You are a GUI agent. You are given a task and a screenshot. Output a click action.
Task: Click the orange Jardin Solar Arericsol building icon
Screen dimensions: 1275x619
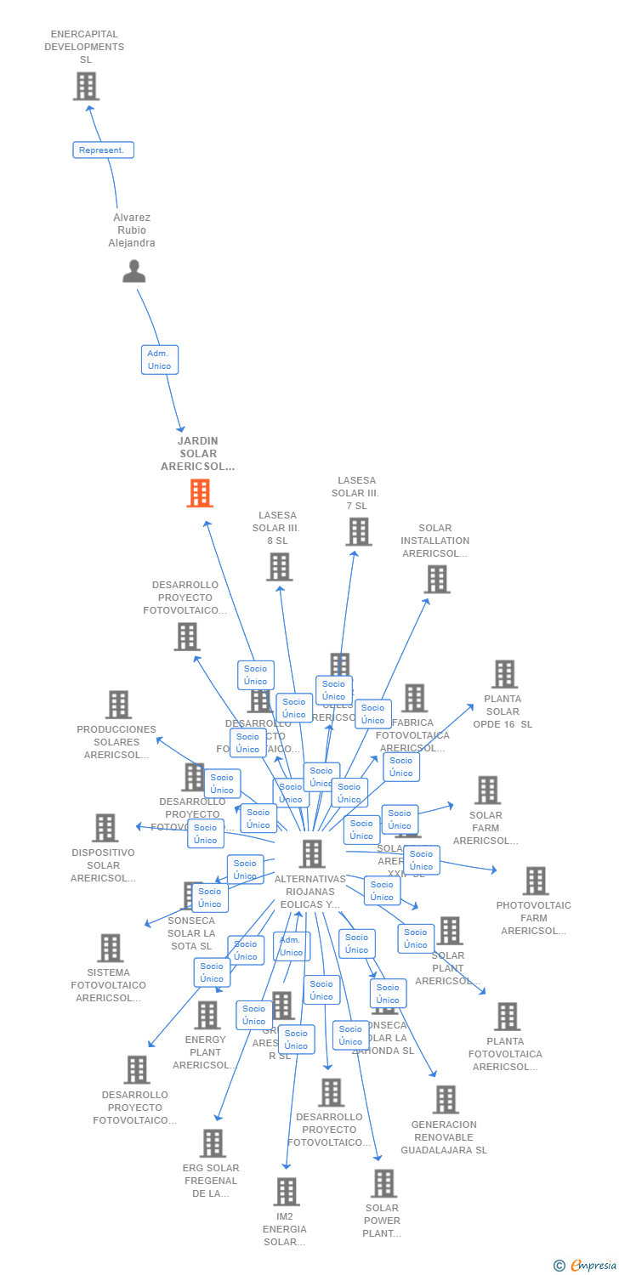pyautogui.click(x=200, y=493)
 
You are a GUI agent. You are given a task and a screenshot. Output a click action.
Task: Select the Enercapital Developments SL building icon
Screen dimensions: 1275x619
pyautogui.click(x=86, y=86)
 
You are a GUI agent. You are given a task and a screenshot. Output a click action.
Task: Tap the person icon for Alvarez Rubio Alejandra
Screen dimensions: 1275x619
pyautogui.click(x=134, y=271)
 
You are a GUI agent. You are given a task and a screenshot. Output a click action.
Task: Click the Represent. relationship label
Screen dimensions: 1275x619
pyautogui.click(x=103, y=150)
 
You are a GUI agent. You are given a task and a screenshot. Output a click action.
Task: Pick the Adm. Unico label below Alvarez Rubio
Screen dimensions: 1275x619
pyautogui.click(x=159, y=360)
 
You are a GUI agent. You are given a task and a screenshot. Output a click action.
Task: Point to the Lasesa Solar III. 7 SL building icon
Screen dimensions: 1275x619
pyautogui.click(x=359, y=531)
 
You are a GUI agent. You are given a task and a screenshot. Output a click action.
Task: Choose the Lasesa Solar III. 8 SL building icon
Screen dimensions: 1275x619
pyautogui.click(x=279, y=567)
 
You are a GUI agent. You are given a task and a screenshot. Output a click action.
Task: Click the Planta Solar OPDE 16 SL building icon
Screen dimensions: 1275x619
pyautogui.click(x=504, y=674)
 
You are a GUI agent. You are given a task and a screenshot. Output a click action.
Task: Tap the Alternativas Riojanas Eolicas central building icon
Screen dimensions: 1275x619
pyautogui.click(x=312, y=853)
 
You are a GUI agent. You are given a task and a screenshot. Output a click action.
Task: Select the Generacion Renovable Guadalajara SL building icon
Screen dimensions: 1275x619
pyautogui.click(x=446, y=1099)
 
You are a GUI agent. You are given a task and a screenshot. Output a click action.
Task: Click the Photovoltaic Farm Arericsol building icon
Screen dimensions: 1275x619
pyautogui.click(x=535, y=881)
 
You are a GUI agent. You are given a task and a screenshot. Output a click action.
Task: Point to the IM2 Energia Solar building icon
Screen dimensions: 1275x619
pyautogui.click(x=287, y=1191)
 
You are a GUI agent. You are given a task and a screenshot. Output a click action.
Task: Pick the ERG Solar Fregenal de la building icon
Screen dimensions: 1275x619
pyautogui.click(x=213, y=1142)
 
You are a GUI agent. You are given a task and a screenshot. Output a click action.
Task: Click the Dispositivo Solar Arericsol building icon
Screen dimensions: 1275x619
pyautogui.click(x=105, y=827)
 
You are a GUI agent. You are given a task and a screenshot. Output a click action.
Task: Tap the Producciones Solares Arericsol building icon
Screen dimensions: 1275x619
pyautogui.click(x=118, y=704)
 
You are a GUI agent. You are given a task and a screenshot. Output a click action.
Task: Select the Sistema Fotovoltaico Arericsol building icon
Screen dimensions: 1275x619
pyautogui.click(x=110, y=947)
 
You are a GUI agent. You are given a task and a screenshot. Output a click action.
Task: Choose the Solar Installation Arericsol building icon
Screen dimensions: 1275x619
pyautogui.click(x=436, y=579)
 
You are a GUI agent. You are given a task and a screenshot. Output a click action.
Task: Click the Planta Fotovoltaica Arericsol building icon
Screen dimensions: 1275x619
pyautogui.click(x=507, y=1016)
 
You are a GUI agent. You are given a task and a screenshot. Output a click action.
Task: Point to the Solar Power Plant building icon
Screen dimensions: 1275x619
pyautogui.click(x=383, y=1182)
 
